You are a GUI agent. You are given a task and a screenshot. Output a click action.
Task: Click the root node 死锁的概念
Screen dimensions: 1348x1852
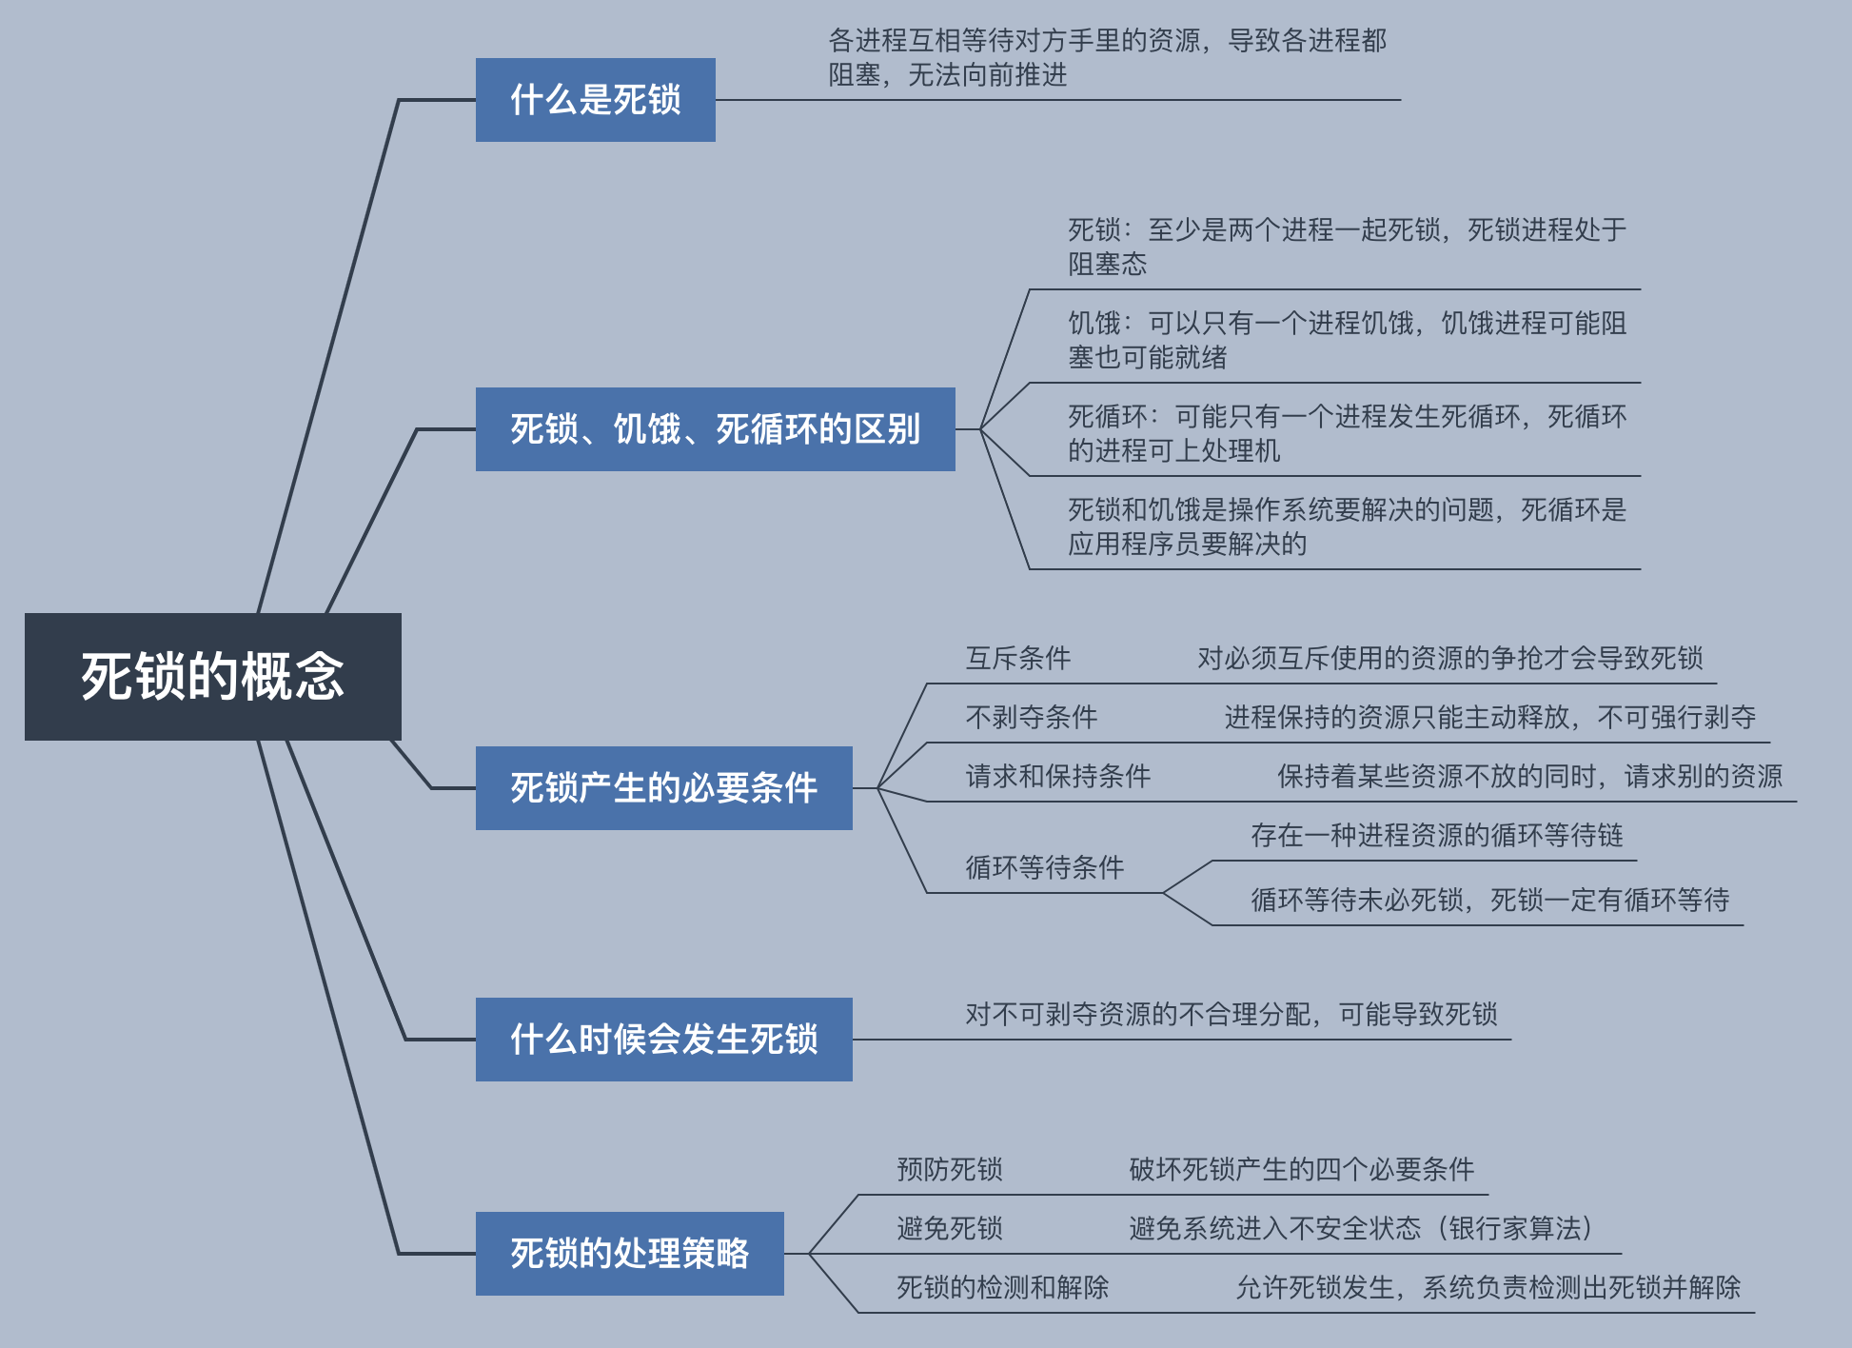(x=212, y=676)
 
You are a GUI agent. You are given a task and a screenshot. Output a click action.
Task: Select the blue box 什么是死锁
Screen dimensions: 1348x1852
(x=595, y=100)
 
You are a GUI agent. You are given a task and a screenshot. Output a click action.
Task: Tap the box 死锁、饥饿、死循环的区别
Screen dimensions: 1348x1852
(x=715, y=429)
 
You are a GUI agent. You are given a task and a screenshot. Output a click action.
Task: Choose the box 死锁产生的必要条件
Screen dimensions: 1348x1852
(x=663, y=788)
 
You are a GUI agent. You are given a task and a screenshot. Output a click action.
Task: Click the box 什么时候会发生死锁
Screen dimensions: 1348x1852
(x=663, y=1040)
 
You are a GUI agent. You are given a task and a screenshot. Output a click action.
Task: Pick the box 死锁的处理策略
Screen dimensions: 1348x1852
(x=629, y=1254)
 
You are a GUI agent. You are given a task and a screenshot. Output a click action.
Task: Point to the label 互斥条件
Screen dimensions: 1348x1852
(x=1017, y=658)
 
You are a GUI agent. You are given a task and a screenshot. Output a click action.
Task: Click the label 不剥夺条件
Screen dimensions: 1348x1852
(x=1031, y=717)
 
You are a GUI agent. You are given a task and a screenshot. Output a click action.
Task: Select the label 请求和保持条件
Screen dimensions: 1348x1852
(x=1057, y=776)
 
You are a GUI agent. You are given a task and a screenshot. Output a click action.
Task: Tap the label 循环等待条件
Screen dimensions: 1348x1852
(x=1044, y=867)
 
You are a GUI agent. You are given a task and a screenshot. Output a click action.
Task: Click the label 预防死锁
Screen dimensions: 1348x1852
(x=949, y=1169)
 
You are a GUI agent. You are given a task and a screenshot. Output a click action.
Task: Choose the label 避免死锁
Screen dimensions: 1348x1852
(x=949, y=1228)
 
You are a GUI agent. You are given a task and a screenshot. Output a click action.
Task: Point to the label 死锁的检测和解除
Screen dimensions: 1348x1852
(x=1002, y=1287)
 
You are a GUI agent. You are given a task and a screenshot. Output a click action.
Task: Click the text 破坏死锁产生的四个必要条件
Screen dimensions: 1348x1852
(x=1301, y=1169)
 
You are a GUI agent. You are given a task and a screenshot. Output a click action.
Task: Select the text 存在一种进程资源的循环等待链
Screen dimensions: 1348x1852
(x=1436, y=835)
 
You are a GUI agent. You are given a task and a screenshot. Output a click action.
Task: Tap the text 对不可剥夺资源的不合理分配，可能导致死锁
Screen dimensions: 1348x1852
(x=1231, y=1014)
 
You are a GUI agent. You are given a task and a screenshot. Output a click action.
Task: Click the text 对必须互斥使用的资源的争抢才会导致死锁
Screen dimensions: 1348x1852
(x=1449, y=658)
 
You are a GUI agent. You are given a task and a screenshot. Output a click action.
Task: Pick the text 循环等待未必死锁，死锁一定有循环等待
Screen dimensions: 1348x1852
(x=1489, y=900)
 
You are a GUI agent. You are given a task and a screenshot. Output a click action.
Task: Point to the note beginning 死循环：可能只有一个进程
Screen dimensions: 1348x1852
(x=1347, y=433)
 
